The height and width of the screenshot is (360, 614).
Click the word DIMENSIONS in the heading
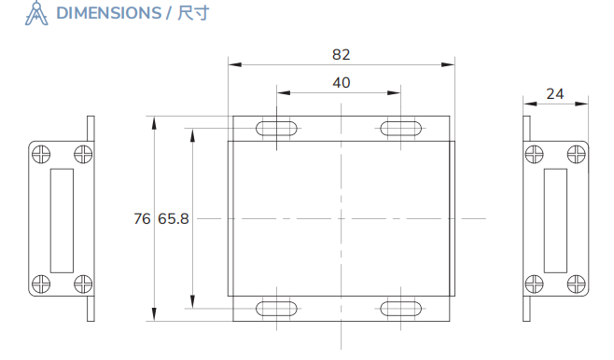[x=108, y=13]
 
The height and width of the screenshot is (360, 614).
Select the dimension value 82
[x=342, y=54]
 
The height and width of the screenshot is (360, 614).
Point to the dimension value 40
[x=342, y=82]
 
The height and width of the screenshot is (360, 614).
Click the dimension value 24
[x=555, y=93]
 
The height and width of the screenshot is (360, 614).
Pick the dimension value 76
[x=142, y=219]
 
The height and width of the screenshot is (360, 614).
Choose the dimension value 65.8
[x=174, y=219]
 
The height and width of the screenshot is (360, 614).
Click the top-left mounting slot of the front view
[x=277, y=129]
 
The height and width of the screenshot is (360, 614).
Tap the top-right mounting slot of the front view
[x=402, y=129]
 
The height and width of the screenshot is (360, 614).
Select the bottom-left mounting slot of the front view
[x=277, y=309]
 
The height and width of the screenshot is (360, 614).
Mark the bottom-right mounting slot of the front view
[x=402, y=309]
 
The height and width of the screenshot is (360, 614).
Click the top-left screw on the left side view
[x=41, y=154]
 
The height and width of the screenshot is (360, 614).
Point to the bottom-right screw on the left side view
[x=83, y=284]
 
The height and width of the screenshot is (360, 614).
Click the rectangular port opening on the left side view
[x=62, y=220]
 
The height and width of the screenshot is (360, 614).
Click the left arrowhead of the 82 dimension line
[x=234, y=64]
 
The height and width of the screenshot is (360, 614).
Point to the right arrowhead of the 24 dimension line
[x=586, y=104]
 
